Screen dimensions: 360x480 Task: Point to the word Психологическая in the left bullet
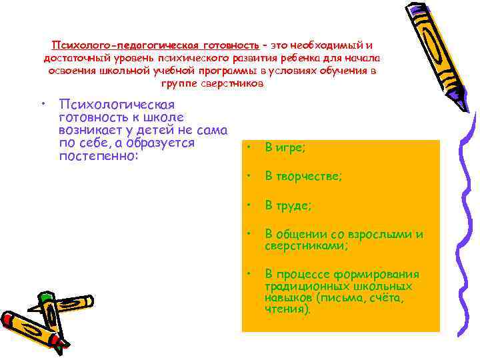117,105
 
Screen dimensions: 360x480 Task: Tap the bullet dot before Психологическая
42,104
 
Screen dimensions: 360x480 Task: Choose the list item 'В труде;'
289,206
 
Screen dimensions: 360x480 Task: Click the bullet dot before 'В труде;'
247,204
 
